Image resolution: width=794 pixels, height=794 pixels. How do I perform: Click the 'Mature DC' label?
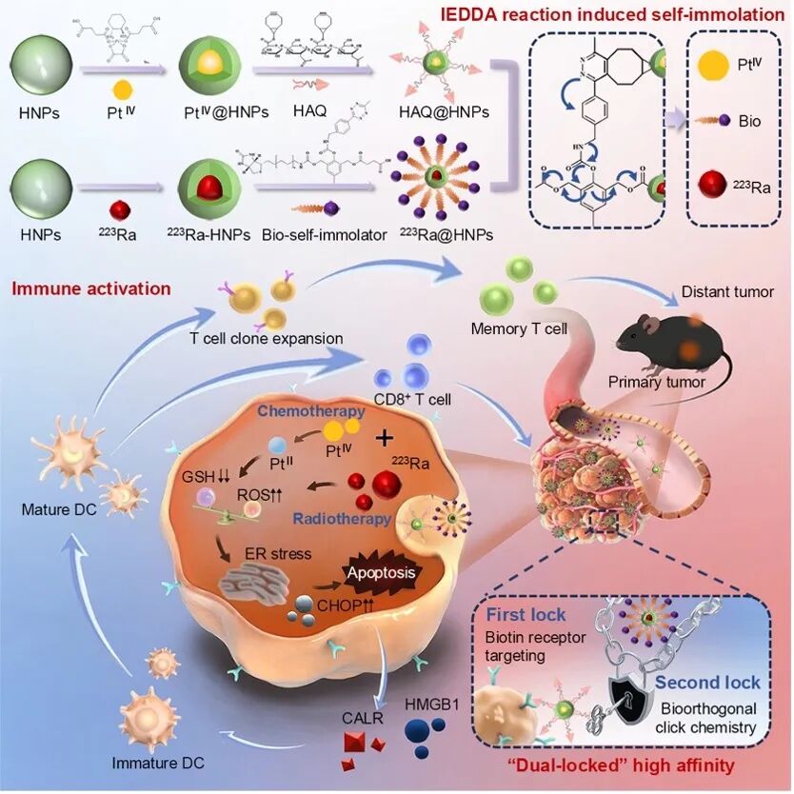55,509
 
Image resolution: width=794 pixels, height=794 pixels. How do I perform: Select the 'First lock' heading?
527,614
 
